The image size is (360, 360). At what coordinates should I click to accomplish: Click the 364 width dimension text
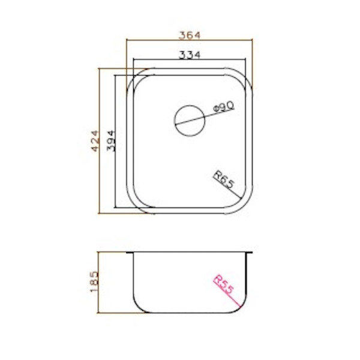pos(190,35)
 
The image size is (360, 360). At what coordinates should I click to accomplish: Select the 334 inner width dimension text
pos(190,55)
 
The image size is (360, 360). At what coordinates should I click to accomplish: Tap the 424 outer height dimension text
pos(95,141)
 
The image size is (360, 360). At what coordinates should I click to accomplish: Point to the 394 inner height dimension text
pos(110,141)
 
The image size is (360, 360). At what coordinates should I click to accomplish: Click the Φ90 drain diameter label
pos(223,107)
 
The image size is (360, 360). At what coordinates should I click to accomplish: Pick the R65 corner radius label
pos(224,179)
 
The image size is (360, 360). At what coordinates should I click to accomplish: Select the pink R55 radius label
pos(224,284)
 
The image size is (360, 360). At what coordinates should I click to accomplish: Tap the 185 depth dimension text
pos(94,282)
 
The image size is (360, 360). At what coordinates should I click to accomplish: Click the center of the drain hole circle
pos(190,121)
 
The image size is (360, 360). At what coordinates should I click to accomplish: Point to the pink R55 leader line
pos(227,294)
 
